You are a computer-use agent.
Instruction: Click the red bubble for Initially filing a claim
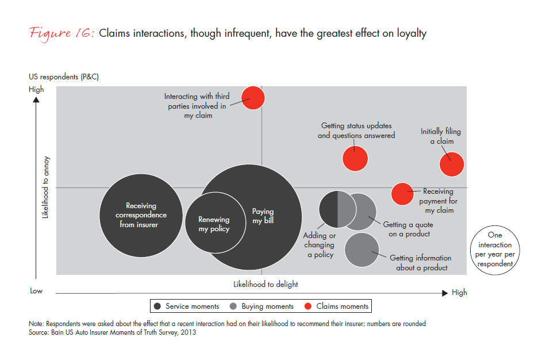[452, 164]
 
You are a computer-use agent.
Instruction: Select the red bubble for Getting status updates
[355, 158]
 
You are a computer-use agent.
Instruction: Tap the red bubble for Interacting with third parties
[252, 98]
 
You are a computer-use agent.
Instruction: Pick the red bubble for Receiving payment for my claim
[402, 194]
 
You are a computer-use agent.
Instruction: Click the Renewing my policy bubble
[214, 223]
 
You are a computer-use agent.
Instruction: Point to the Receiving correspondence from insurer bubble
[141, 215]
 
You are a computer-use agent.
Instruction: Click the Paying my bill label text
[263, 216]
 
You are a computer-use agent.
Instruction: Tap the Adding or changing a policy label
[320, 245]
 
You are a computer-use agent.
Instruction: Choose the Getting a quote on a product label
[408, 229]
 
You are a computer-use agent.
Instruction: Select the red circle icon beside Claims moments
[307, 307]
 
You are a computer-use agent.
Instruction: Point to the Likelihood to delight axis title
[265, 284]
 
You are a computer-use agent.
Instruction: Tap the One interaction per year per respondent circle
[494, 250]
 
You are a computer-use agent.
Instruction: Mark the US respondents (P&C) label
[64, 76]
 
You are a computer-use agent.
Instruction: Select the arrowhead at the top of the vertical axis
[36, 99]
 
